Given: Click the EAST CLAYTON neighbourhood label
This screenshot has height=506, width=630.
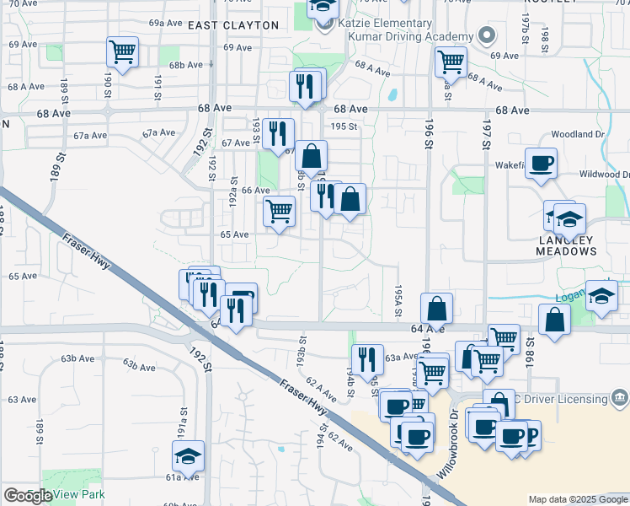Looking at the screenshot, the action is [x=233, y=25].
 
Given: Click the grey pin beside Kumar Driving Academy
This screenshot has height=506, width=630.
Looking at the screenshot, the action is [x=485, y=36].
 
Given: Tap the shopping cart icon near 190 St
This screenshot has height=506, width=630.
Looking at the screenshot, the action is [x=122, y=52].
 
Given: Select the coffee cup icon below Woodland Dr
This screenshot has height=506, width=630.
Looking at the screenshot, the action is [x=541, y=163].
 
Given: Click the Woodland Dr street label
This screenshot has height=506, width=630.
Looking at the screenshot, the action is [x=577, y=134].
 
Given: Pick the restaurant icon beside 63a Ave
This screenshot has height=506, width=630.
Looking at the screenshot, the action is [x=366, y=358].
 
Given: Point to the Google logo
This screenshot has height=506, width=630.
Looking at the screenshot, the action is [x=28, y=496].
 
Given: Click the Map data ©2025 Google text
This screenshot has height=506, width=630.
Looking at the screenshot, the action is [x=577, y=499].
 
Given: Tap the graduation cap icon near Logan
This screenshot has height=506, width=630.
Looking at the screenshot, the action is [x=602, y=295].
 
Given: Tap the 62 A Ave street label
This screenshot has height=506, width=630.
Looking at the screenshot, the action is [x=321, y=389].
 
